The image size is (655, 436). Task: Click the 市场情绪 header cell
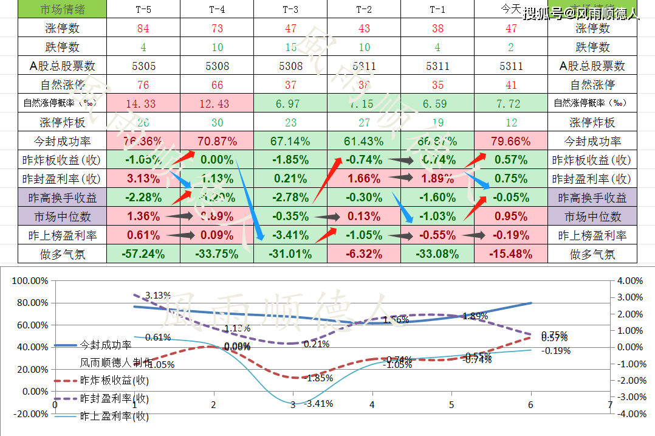(62, 10)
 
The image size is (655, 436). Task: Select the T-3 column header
(290, 10)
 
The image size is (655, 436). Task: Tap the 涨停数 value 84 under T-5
(143, 29)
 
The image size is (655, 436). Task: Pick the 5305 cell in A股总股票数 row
(143, 66)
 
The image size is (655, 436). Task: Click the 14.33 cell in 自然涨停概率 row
(143, 104)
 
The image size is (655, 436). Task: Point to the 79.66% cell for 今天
(511, 142)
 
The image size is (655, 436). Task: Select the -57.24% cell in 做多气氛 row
(143, 254)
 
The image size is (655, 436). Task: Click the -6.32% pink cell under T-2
(364, 254)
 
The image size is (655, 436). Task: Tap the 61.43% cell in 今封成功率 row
(364, 142)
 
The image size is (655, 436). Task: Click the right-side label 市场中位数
(592, 216)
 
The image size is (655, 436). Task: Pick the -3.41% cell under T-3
(290, 235)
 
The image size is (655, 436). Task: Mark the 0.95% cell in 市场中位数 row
(511, 216)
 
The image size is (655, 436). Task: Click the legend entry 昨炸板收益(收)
(114, 381)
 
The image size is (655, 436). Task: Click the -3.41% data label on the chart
(318, 403)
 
